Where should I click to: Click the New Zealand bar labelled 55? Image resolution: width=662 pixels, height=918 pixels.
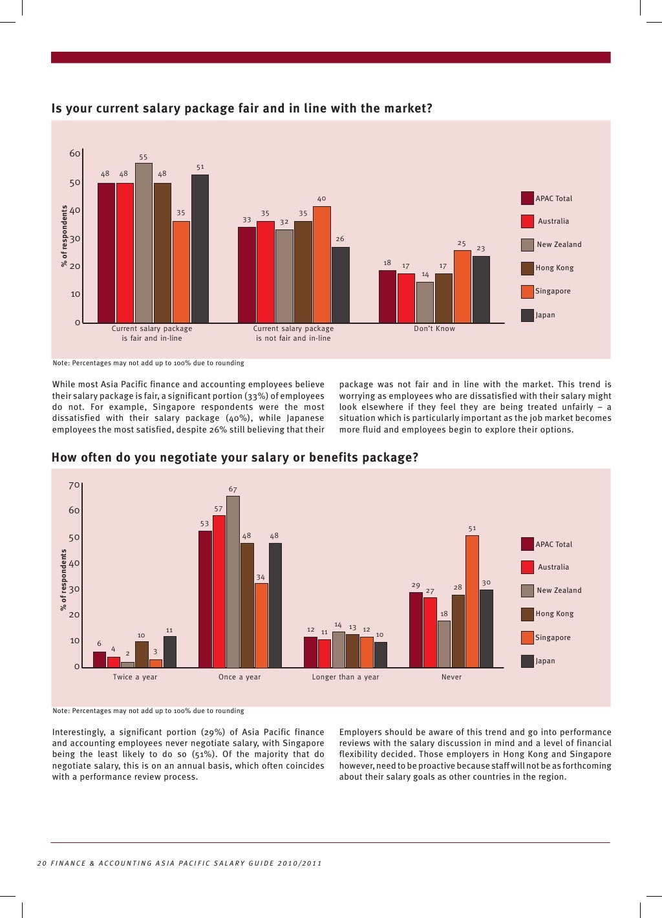(x=144, y=242)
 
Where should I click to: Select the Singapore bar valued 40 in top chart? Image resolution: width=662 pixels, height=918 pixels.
(x=322, y=264)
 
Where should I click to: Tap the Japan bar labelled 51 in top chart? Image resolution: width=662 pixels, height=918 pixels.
(x=200, y=248)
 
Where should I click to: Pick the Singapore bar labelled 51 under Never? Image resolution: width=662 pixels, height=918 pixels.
(x=472, y=601)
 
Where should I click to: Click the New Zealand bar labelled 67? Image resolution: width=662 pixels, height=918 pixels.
(x=233, y=581)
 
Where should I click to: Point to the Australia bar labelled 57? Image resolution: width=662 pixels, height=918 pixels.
(x=219, y=591)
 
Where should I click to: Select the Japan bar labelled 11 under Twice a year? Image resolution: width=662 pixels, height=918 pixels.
(x=169, y=652)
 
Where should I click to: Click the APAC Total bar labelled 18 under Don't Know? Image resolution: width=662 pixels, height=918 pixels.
(x=387, y=297)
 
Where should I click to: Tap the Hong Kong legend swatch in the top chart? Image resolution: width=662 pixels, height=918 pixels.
(x=527, y=268)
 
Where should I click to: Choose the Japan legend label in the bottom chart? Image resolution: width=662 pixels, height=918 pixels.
(x=545, y=661)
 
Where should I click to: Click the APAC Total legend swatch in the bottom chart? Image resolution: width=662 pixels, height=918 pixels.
(x=527, y=544)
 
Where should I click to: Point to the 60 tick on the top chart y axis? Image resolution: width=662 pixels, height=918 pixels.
(x=75, y=153)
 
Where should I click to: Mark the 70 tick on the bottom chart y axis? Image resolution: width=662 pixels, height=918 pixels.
(x=75, y=485)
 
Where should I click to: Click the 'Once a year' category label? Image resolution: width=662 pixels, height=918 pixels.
(x=239, y=677)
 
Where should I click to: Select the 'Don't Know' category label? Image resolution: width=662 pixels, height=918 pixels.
(x=434, y=328)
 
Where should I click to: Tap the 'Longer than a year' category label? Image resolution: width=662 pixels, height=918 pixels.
(x=345, y=677)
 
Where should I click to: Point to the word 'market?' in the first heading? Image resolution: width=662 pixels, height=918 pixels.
(x=409, y=109)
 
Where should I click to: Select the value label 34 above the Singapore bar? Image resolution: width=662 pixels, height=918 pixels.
(x=260, y=577)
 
